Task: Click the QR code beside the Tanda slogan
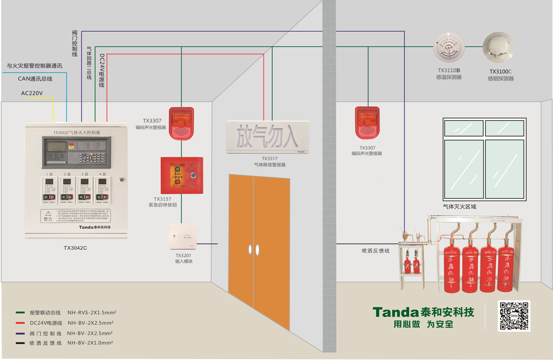[x=514, y=316]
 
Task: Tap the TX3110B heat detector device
[x=449, y=47]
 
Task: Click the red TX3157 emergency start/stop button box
[x=182, y=175]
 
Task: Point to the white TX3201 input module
[x=183, y=237]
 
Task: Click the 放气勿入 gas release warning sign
[x=268, y=137]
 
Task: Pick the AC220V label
[x=32, y=93]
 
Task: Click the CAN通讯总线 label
[x=35, y=79]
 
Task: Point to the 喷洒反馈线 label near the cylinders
[x=375, y=251]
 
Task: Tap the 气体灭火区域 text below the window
[x=459, y=207]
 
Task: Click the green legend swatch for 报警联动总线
[x=20, y=313]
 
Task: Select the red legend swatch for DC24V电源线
[x=20, y=323]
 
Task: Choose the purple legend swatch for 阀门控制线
[x=20, y=333]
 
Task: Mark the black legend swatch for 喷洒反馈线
[x=20, y=343]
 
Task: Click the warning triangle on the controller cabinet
[x=48, y=214]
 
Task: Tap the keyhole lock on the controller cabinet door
[x=121, y=179]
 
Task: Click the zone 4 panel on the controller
[x=102, y=189]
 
